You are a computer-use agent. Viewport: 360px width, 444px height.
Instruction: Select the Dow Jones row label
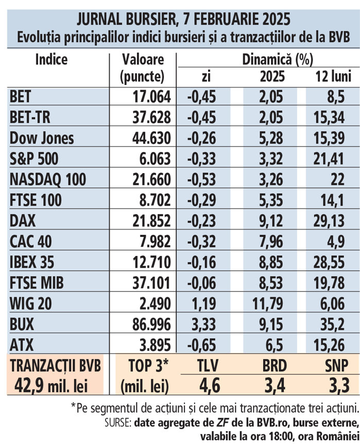[42, 139]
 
